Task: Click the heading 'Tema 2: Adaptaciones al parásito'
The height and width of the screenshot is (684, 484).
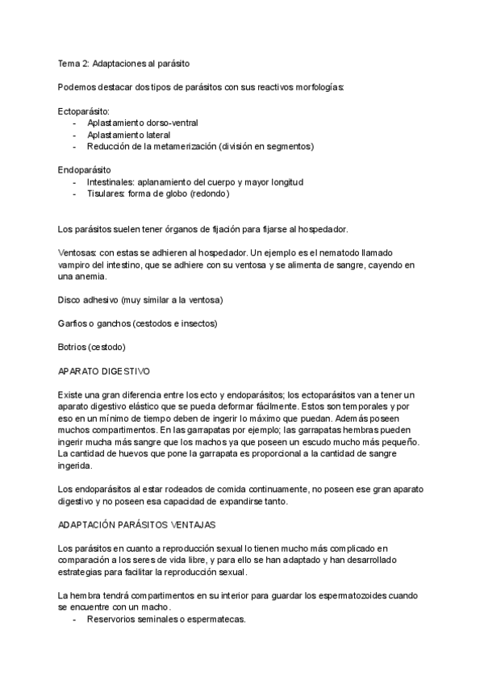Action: [x=124, y=63]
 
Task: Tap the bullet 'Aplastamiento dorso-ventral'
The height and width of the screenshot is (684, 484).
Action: [x=143, y=123]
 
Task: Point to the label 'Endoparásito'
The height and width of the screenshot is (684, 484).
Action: [x=85, y=170]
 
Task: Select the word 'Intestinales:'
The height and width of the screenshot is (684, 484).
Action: [x=112, y=182]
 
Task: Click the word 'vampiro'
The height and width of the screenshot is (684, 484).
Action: [x=76, y=265]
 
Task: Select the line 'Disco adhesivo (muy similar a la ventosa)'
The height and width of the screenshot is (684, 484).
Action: [x=140, y=300]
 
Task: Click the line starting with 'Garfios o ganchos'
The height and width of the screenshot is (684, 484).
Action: [x=137, y=323]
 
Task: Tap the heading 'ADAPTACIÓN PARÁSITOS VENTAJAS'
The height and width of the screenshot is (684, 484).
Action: [x=136, y=525]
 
